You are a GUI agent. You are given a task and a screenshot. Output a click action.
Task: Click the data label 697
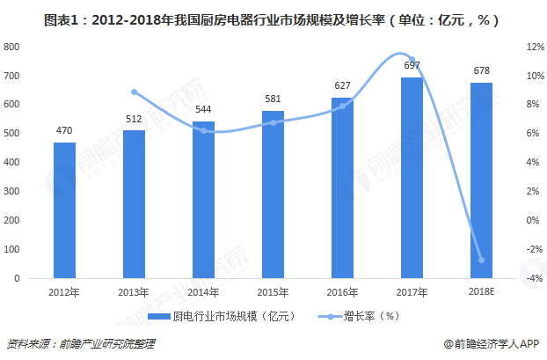point(412,66)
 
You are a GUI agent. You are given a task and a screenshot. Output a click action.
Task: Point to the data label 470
point(64,131)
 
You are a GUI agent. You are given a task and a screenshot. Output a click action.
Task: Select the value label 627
point(342,86)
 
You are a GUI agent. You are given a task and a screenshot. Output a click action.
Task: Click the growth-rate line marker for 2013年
point(134,92)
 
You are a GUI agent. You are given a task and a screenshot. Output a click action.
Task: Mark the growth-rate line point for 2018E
point(482,260)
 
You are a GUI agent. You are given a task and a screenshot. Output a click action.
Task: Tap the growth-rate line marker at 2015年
point(273,122)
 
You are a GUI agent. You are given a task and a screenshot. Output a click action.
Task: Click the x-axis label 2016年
point(342,292)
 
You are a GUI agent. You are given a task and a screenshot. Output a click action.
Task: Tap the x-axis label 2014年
point(203,292)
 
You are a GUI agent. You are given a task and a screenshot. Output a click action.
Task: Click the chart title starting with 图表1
point(273,18)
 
